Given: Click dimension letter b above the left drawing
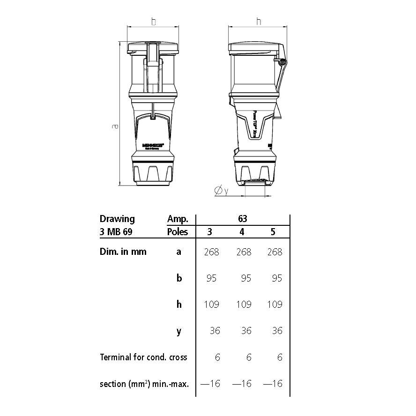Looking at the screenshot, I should [153, 22].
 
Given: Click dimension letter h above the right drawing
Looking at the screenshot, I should [259, 22].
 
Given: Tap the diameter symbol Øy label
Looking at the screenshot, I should [221, 191].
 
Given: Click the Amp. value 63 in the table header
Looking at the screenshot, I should [242, 219].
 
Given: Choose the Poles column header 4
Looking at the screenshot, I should [242, 232].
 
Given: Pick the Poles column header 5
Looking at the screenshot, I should [273, 232].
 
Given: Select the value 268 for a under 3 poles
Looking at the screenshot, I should [211, 252].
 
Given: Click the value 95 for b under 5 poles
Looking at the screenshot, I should [277, 278].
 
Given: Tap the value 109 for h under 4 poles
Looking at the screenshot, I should [244, 305].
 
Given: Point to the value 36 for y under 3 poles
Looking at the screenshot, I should [215, 331].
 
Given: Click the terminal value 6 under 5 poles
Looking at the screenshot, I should [280, 357].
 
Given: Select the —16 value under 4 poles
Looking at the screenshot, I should [242, 384].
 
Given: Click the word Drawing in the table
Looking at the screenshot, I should [117, 219].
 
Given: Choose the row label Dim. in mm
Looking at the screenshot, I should [123, 252].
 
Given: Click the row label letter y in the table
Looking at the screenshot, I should [178, 331].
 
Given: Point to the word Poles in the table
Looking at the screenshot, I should [178, 232].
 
